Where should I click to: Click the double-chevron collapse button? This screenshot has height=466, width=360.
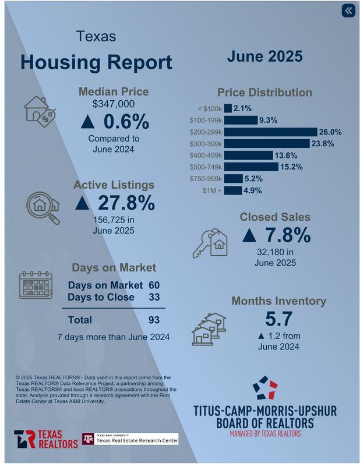[x=348, y=11]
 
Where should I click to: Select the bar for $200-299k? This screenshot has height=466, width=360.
[x=270, y=132]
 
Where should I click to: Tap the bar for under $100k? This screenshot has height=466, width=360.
[x=228, y=108]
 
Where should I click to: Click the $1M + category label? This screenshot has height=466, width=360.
[x=211, y=190]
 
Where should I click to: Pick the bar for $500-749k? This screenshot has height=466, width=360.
[x=249, y=167]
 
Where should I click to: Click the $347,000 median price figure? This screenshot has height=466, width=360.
[x=114, y=104]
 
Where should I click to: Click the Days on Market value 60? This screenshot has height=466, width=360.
[x=153, y=285]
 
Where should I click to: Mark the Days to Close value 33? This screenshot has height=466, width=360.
[x=153, y=297]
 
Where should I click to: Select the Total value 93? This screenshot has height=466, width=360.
[x=153, y=319]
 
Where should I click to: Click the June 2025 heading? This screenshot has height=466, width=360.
[x=264, y=57]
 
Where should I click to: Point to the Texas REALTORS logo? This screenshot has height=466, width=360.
[x=46, y=439]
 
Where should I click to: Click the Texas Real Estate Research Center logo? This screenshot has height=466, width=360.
[x=129, y=439]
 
